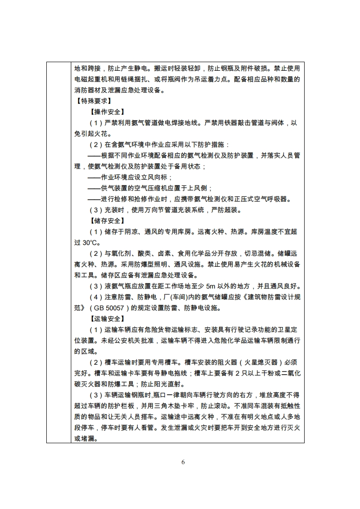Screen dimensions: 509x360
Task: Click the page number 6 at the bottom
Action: tap(183, 462)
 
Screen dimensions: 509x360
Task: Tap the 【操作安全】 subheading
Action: tap(107, 112)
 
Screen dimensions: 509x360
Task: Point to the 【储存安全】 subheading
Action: tap(107, 221)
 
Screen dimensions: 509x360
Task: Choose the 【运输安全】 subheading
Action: tap(107, 319)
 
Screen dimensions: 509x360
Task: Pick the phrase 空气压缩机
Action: tap(153, 188)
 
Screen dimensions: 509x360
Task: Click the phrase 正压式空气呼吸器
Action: tap(251, 199)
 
